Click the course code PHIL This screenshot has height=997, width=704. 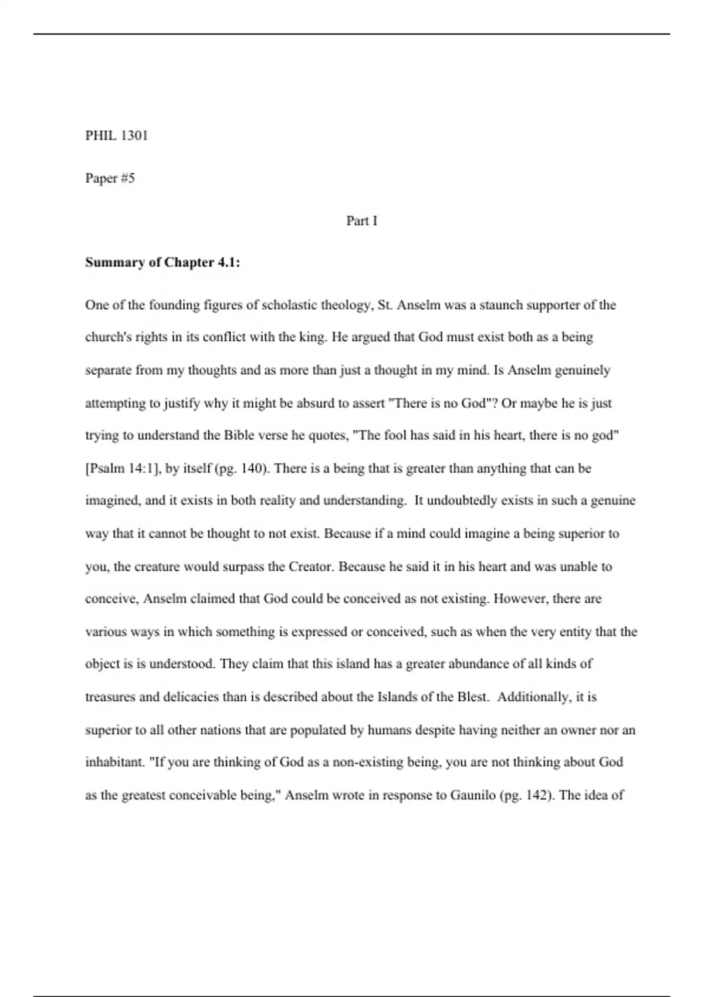pos(100,136)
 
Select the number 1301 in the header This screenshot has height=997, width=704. pos(134,136)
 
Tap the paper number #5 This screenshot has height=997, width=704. pos(127,178)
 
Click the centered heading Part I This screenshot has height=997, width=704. pos(361,221)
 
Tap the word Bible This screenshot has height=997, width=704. pos(237,436)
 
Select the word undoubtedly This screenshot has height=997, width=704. pos(465,501)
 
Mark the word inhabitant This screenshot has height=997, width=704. pos(114,762)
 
